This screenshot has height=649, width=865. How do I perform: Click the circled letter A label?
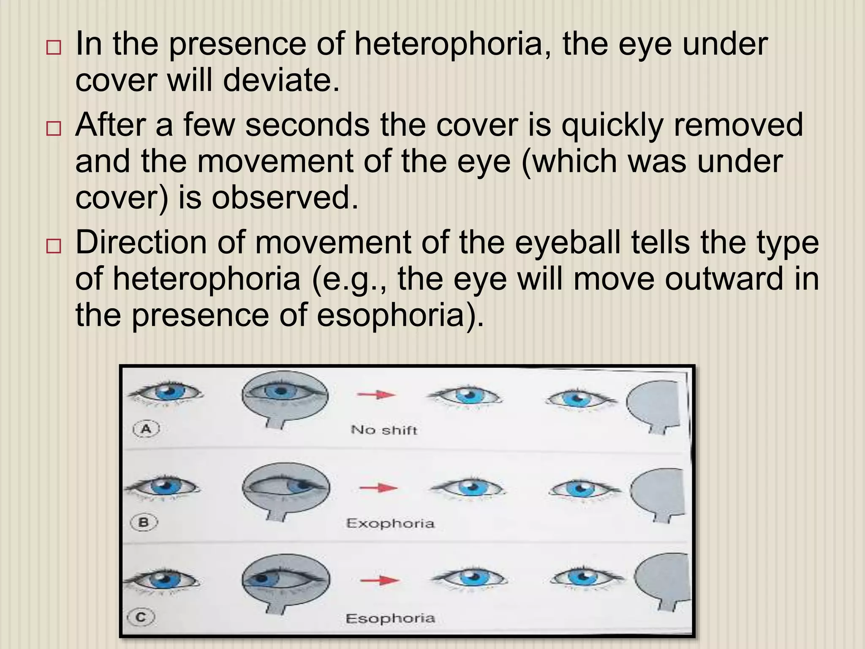click(x=146, y=429)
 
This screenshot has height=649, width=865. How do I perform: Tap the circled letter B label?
click(x=144, y=523)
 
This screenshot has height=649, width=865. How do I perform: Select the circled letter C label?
click(x=141, y=617)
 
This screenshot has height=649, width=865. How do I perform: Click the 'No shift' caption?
click(x=384, y=430)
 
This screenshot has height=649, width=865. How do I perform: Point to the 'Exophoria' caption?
click(x=390, y=524)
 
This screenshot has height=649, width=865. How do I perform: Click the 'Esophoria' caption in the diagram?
click(x=390, y=618)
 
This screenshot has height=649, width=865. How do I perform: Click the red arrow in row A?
click(x=376, y=395)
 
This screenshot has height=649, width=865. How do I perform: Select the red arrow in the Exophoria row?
click(x=378, y=488)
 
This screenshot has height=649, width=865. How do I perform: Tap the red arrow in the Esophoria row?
click(x=379, y=581)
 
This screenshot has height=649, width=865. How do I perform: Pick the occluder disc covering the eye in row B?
click(x=286, y=488)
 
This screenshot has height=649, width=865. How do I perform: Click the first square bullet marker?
click(x=54, y=47)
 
